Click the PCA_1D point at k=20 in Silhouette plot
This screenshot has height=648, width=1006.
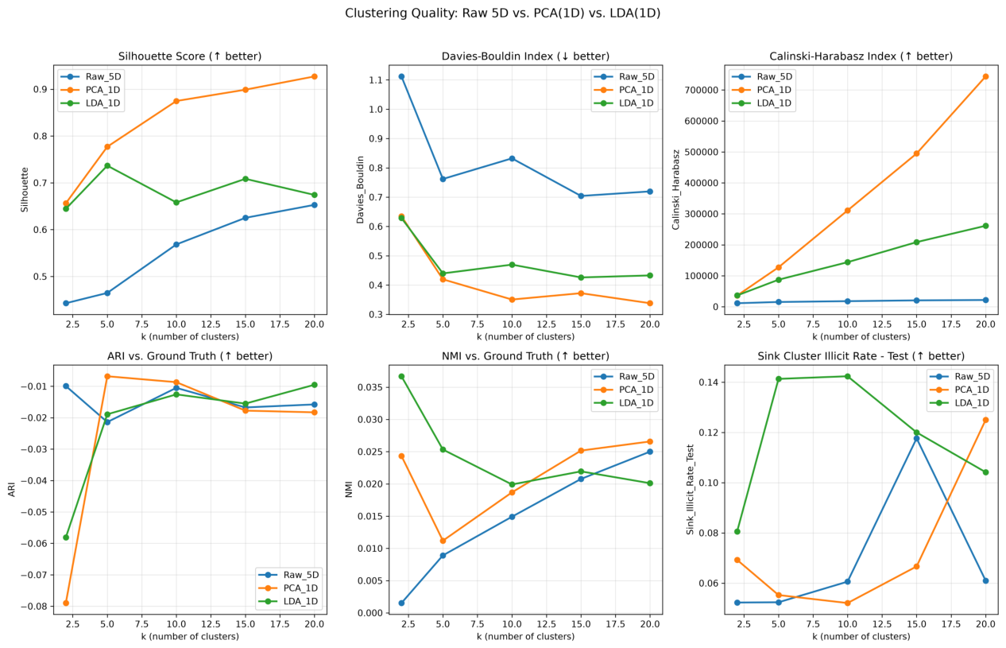click(315, 77)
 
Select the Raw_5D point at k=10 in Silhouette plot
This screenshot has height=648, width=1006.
click(176, 244)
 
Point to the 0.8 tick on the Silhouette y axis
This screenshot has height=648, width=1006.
click(41, 136)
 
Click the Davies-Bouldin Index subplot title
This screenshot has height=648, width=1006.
click(525, 56)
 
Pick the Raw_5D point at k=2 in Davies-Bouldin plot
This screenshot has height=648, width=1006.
click(401, 77)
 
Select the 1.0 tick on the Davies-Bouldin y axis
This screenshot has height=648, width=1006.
click(377, 110)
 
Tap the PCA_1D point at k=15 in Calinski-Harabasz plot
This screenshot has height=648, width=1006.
click(917, 153)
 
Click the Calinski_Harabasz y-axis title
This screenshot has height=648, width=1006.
click(675, 190)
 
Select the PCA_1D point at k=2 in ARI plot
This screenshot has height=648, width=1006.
click(66, 603)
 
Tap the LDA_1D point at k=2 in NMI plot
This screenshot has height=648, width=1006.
click(401, 377)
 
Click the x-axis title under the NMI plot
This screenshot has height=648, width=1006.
click(525, 636)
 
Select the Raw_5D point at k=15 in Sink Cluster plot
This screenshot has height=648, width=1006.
click(917, 439)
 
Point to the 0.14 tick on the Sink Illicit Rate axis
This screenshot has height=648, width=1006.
click(710, 382)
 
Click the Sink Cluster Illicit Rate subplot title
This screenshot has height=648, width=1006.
click(861, 356)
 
